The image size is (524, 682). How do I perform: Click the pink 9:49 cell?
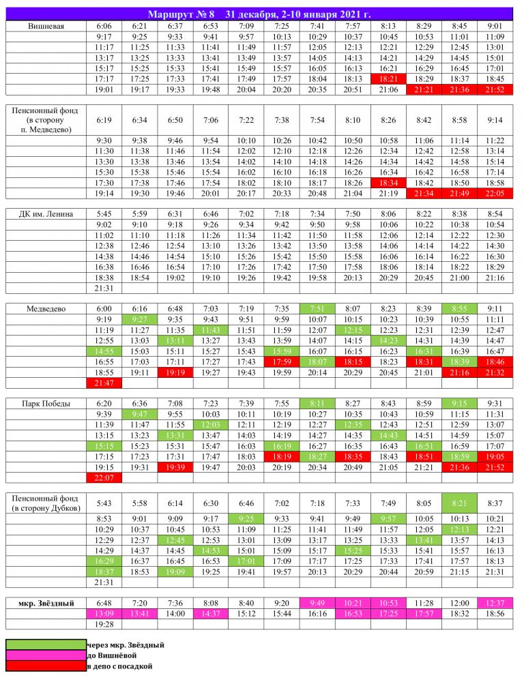pyautogui.click(x=317, y=602)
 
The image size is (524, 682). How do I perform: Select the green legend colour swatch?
pyautogui.click(x=46, y=644)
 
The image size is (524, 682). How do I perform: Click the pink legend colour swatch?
pyautogui.click(x=46, y=655)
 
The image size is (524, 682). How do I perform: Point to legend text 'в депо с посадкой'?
pyautogui.click(x=119, y=666)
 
